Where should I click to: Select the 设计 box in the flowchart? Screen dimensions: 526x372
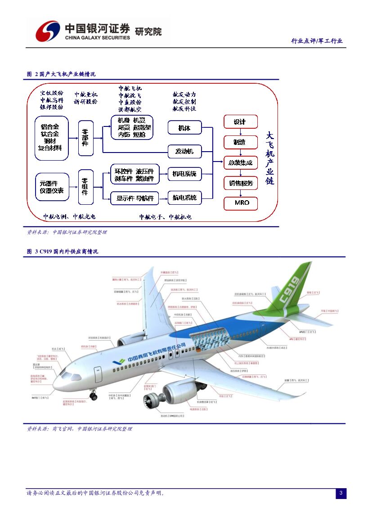coord(241,122)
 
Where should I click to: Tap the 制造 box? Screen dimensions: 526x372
coord(241,142)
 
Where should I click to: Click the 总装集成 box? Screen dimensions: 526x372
coord(241,162)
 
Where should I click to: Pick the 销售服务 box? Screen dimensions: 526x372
coord(241,183)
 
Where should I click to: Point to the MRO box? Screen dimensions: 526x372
coord(241,203)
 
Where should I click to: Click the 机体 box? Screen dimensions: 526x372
coord(184,128)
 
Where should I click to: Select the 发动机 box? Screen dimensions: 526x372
coord(184,151)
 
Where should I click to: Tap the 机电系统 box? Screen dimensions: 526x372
coord(184,174)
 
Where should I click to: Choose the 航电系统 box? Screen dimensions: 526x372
coord(184,198)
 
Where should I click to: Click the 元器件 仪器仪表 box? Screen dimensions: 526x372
coord(51,187)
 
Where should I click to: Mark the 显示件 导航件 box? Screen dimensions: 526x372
coord(135,198)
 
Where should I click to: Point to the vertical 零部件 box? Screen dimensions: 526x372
coord(85,138)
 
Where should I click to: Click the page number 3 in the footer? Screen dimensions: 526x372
coord(341,493)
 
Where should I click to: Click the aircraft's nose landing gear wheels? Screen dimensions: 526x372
coord(93,396)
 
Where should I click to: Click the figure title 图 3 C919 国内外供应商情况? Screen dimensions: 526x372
coord(63,252)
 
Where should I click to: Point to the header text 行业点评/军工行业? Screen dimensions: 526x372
coord(317,41)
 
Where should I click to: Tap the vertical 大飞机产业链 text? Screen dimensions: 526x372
coord(269,158)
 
